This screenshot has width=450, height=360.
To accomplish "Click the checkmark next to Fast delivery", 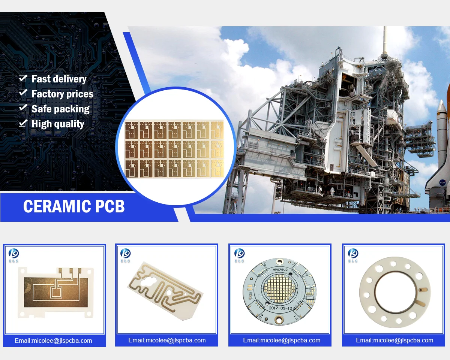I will [x=23, y=79].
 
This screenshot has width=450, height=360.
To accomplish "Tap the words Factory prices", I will [x=62, y=94].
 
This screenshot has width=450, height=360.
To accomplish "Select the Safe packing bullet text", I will [x=60, y=109].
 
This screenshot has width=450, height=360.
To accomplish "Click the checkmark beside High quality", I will [x=23, y=123].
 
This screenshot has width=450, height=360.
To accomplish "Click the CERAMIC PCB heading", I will [x=74, y=206].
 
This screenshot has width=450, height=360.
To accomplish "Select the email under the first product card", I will [x=53, y=341].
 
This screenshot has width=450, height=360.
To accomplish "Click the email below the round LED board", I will [x=282, y=340].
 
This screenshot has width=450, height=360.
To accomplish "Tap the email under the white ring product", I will [x=394, y=340].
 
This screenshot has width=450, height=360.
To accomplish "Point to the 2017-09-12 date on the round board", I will [x=280, y=308].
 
